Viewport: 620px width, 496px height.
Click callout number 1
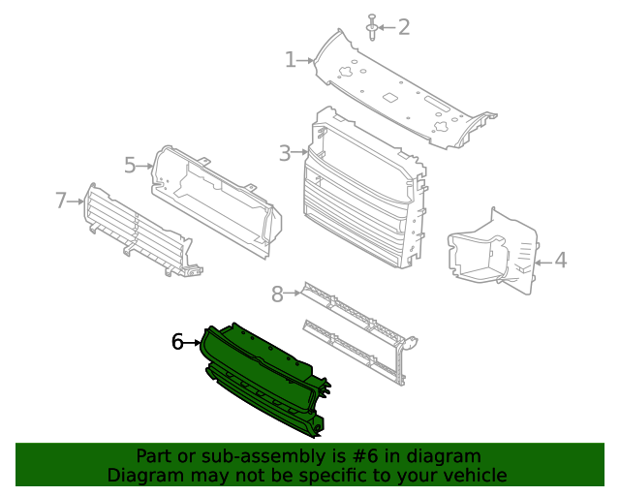(290, 60)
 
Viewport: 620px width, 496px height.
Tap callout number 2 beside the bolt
(403, 27)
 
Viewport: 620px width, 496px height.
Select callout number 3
(285, 153)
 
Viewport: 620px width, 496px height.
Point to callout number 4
(560, 260)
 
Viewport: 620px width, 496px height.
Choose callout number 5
(131, 165)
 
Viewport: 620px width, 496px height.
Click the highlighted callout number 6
(177, 342)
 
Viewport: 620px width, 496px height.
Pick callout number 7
(61, 201)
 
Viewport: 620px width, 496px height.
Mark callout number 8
(277, 294)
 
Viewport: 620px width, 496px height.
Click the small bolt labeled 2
(372, 27)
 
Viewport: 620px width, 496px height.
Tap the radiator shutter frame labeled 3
(363, 194)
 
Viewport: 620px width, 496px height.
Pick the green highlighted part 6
(262, 378)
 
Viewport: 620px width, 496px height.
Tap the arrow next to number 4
(541, 260)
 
